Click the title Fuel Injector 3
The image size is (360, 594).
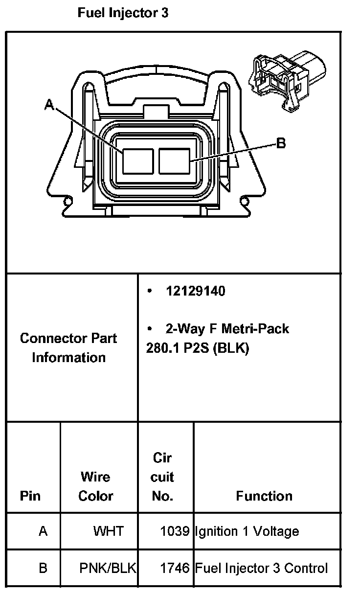pos(123,13)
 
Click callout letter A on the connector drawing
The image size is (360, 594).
pos(49,104)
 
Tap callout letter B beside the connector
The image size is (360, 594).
pos(281,143)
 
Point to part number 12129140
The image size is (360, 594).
pos(195,291)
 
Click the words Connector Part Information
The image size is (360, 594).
pos(68,348)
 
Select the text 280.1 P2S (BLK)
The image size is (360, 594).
pos(197,349)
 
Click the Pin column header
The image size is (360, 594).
pos(30,496)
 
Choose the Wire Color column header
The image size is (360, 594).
pos(95,486)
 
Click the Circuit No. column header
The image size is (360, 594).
pos(163,477)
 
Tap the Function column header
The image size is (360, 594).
pos(264,496)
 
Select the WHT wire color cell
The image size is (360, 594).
pos(109,531)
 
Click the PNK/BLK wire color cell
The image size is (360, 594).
pos(108,568)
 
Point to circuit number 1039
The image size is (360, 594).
pos(175,531)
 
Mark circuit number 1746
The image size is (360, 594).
pos(175,568)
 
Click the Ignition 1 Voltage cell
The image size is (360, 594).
pos(247,531)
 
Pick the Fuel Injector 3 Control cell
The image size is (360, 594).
pos(262,568)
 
